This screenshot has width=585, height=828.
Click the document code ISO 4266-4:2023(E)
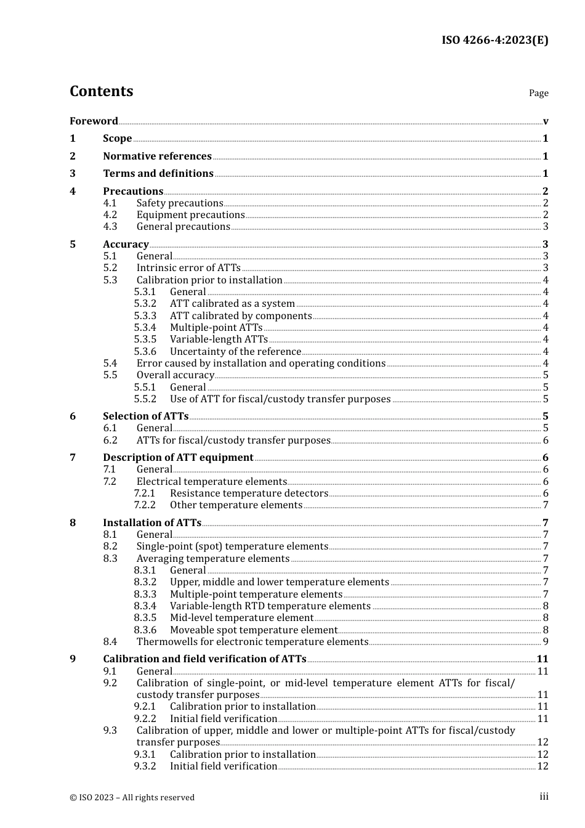click(494, 40)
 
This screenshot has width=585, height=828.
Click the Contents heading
click(101, 91)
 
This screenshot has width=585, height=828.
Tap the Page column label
click(538, 93)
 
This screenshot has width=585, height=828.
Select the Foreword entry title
click(94, 121)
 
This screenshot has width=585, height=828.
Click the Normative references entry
click(157, 156)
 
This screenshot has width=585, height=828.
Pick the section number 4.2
click(110, 214)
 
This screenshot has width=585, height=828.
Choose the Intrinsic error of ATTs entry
click(188, 267)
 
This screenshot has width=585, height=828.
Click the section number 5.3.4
click(145, 327)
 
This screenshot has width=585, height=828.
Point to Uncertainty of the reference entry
click(235, 351)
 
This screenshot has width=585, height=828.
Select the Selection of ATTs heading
click(145, 416)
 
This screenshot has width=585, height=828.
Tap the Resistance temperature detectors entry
click(249, 493)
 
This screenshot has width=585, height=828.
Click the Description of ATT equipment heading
click(178, 457)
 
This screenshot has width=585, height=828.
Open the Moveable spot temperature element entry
click(254, 630)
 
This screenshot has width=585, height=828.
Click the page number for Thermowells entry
click(546, 641)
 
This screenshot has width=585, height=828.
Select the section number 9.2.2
click(145, 718)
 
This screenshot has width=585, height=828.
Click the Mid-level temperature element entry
click(241, 617)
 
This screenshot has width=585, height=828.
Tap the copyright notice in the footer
click(132, 797)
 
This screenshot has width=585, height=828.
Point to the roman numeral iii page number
click(544, 797)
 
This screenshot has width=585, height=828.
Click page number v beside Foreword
click(546, 121)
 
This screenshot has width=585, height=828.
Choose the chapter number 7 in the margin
click(73, 457)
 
